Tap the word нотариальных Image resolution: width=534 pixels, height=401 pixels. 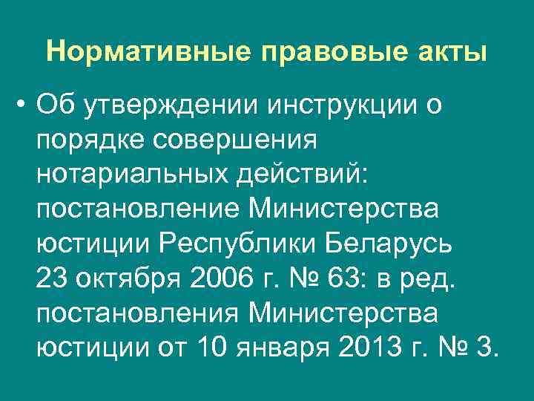134,175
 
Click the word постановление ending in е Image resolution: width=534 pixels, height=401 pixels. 136,209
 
